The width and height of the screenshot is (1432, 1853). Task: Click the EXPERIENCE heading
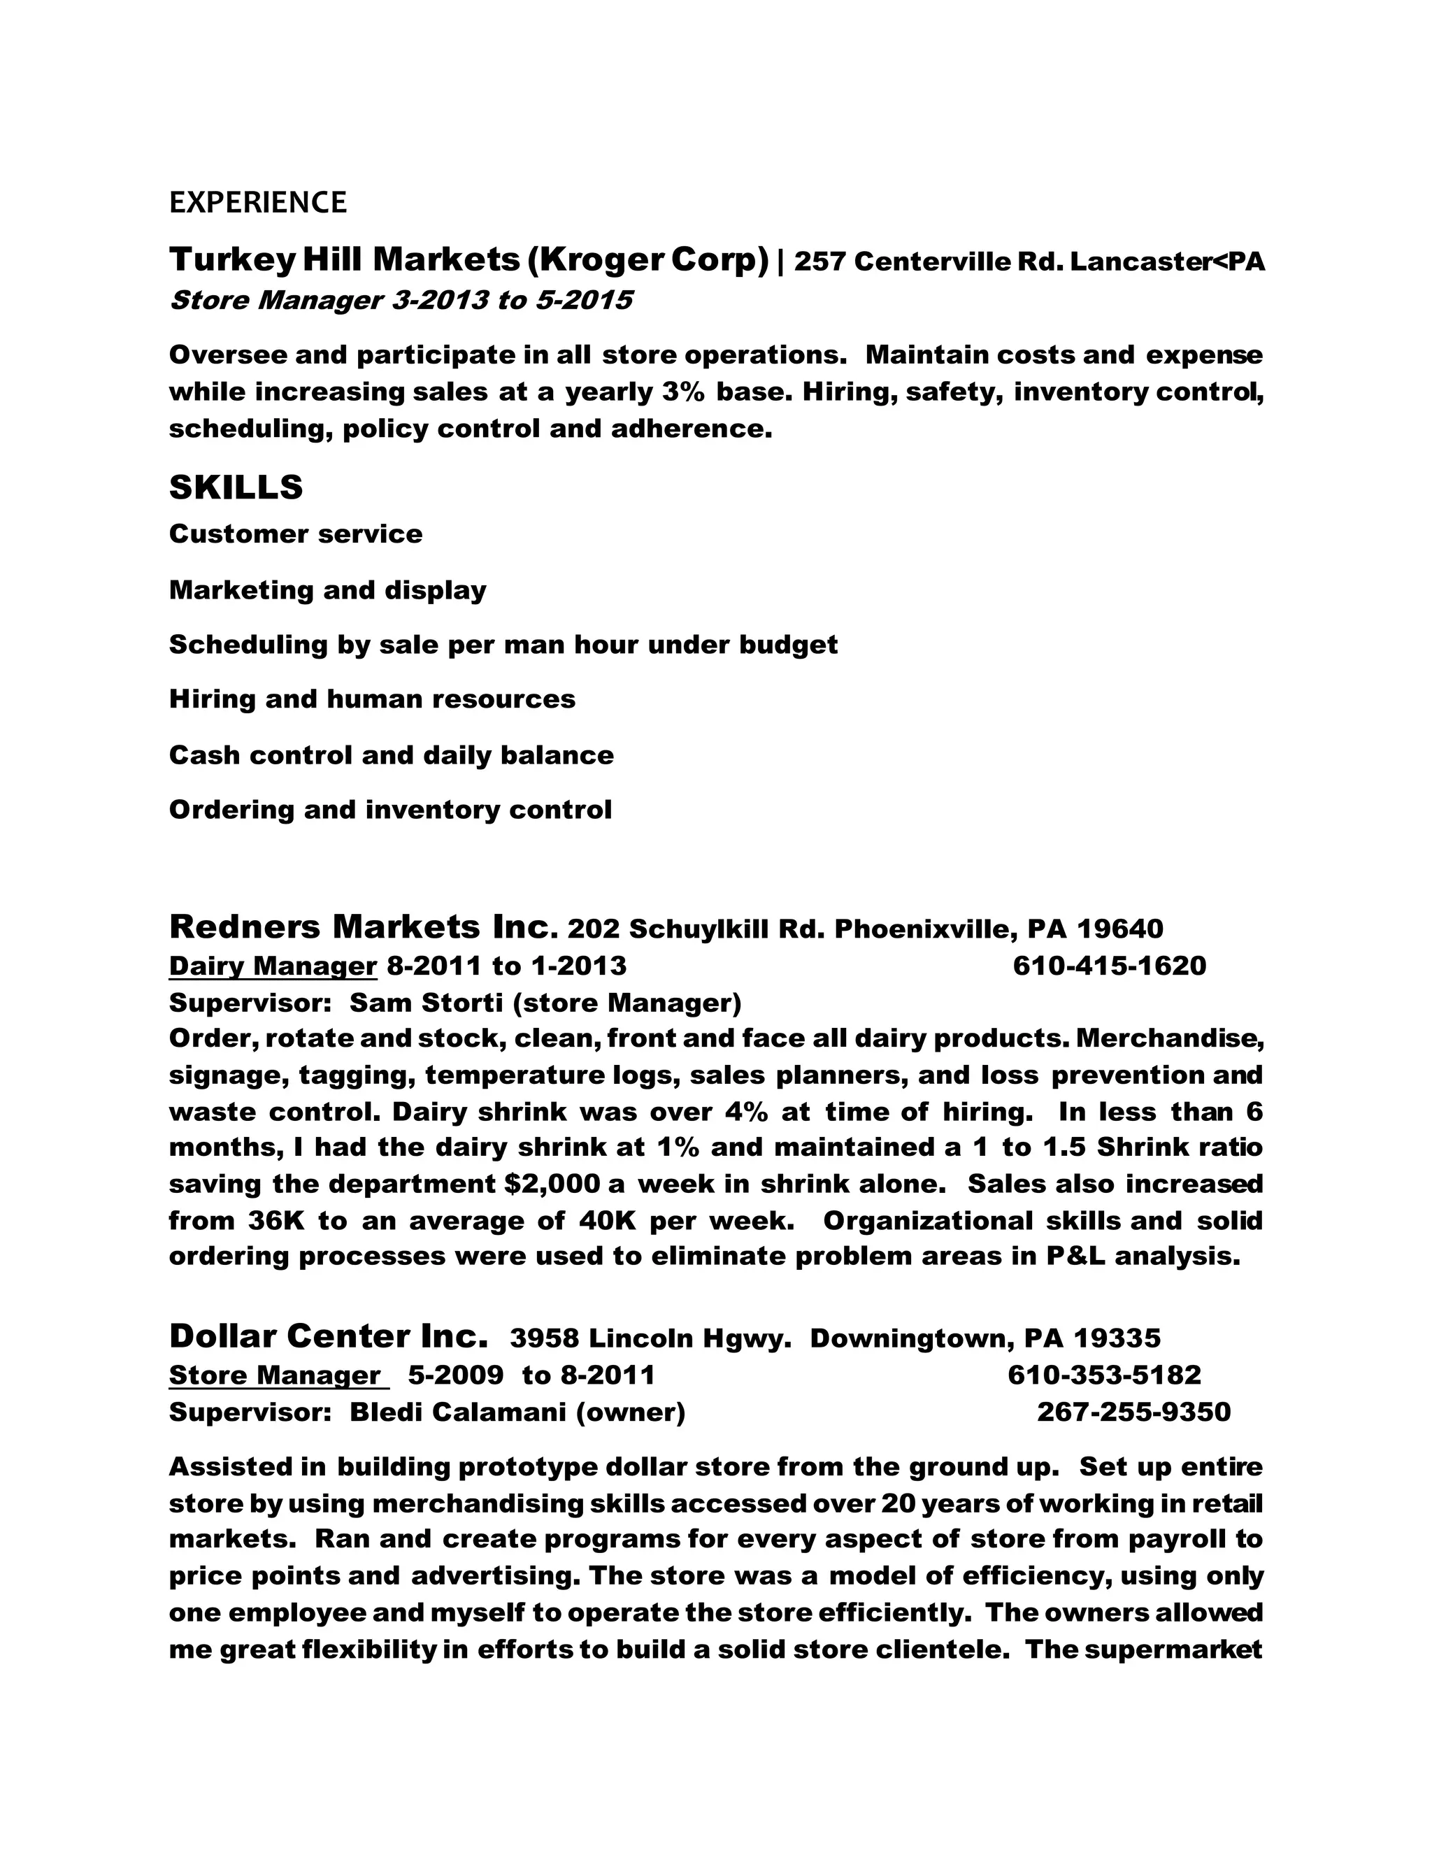(x=258, y=203)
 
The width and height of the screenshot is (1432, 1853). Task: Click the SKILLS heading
(x=236, y=488)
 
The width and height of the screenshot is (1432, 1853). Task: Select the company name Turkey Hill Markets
(x=343, y=259)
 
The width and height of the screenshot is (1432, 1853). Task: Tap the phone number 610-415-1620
(x=1109, y=966)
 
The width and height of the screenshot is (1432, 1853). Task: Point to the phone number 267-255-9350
(x=1133, y=1412)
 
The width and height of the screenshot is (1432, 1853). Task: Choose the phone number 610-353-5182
(x=1103, y=1375)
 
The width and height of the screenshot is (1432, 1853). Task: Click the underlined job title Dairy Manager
(x=272, y=966)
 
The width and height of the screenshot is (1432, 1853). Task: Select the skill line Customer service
(x=295, y=534)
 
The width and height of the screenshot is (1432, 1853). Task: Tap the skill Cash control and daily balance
(x=391, y=755)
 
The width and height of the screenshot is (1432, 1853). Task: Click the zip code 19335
(x=1117, y=1339)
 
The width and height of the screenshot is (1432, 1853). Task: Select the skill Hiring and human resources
(x=371, y=699)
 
